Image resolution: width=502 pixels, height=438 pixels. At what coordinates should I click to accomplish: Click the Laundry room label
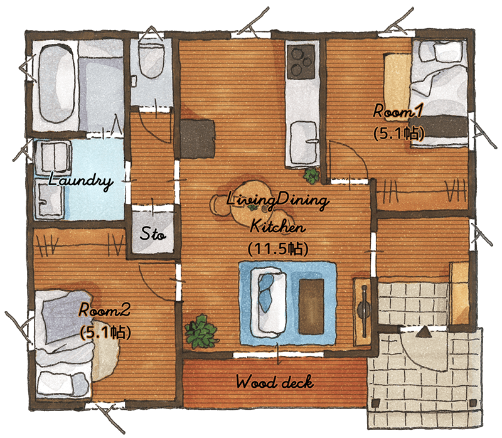(x=80, y=181)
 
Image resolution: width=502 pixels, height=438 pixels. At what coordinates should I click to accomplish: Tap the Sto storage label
(x=152, y=233)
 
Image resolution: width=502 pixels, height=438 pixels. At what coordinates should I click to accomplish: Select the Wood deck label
(x=275, y=382)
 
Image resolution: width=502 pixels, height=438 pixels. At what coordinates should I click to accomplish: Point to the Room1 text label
(x=398, y=111)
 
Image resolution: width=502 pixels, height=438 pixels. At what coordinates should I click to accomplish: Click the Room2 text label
(x=104, y=310)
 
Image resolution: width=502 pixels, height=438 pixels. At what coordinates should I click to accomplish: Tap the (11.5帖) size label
(x=278, y=248)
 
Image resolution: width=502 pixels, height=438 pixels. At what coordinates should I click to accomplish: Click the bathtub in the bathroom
(x=57, y=84)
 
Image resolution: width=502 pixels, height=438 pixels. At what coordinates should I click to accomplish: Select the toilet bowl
(x=151, y=61)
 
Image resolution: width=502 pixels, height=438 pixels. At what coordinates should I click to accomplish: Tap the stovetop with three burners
(x=301, y=61)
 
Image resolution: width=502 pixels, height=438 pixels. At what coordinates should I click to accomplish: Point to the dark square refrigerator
(x=197, y=139)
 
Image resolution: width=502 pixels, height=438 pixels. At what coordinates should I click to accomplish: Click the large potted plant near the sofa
(x=201, y=332)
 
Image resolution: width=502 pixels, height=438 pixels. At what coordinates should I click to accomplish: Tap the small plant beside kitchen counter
(x=311, y=176)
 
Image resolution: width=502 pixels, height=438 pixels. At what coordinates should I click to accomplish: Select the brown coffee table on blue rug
(x=311, y=306)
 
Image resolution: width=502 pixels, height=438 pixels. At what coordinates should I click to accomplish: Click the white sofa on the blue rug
(x=269, y=302)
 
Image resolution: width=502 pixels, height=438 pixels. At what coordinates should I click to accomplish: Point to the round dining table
(x=252, y=201)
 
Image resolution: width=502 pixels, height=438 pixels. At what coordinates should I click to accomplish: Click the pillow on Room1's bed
(x=447, y=51)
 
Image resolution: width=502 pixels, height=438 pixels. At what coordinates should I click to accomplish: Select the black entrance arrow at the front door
(x=425, y=332)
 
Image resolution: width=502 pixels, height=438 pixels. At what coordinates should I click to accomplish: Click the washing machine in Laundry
(x=53, y=158)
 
